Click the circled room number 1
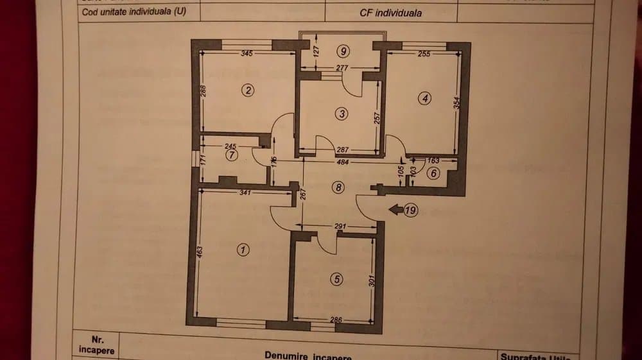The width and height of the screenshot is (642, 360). coord(243,250)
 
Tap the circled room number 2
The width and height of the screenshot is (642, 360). coord(248,90)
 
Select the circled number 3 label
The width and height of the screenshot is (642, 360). coord(342,114)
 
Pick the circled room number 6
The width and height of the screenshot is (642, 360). coord(433,173)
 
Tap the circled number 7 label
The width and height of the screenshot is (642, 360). coord(232,155)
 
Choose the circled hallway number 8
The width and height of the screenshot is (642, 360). coord(339,187)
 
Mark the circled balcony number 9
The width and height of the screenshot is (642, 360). coord(344,51)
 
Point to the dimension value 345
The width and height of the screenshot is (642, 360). coord(247,53)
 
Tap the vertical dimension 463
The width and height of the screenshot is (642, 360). coord(199,252)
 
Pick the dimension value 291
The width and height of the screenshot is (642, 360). coord(341,227)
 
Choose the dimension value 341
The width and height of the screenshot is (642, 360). coord(245,193)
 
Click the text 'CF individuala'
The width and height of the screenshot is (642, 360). coord(391,12)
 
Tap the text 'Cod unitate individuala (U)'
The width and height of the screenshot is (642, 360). coord(134,11)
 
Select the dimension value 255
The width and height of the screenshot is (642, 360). coord(424,54)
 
